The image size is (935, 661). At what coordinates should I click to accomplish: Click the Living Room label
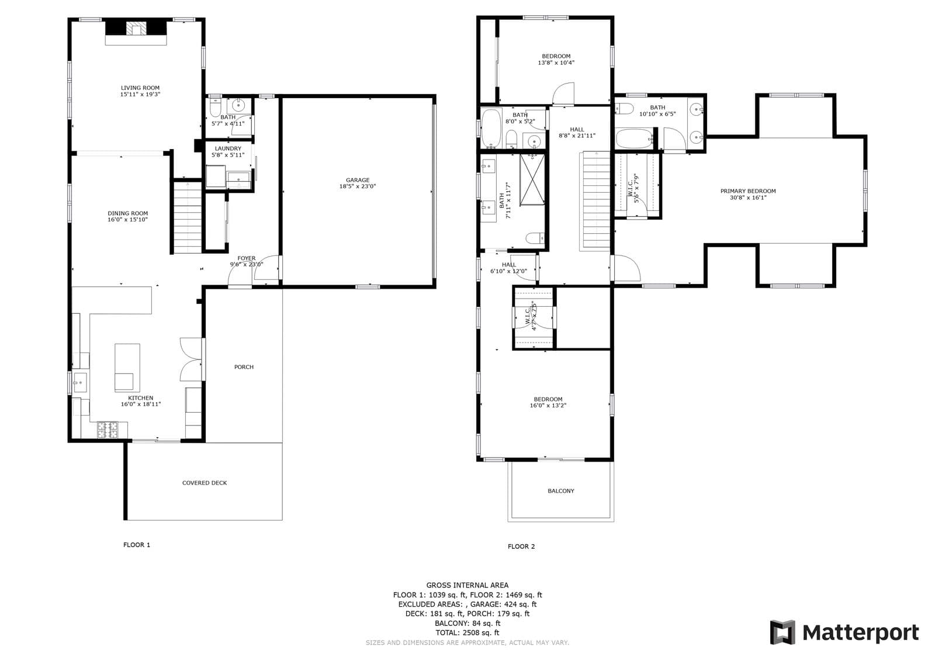140,88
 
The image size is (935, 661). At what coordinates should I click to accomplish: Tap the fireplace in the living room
137,29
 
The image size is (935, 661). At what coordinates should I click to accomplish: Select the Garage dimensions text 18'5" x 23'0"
357,186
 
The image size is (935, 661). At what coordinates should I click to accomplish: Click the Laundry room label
227,148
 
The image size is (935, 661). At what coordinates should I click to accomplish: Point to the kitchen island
127,367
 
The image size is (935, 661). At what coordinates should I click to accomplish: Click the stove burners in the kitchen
108,430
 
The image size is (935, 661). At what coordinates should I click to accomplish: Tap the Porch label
244,367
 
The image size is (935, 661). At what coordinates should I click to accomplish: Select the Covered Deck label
204,483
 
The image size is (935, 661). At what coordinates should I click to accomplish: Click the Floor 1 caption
137,545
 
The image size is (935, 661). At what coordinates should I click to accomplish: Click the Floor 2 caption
521,546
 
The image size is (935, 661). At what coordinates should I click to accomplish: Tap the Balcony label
560,491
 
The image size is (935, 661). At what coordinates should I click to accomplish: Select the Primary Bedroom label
747,191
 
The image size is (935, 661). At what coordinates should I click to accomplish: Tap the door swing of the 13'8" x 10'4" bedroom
565,94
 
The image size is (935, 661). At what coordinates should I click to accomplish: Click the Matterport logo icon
782,632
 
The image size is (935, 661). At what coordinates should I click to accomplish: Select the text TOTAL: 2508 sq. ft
467,632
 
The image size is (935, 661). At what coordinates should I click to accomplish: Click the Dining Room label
127,213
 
